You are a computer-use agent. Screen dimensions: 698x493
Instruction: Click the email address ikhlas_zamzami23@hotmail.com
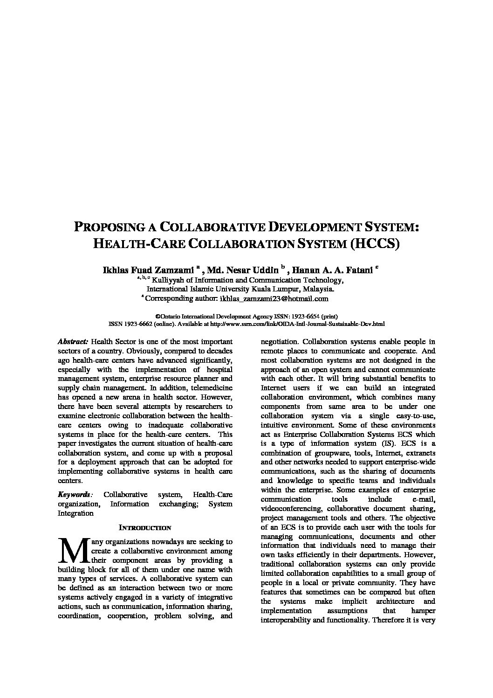point(274,298)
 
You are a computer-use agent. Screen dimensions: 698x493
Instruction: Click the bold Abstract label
point(73,342)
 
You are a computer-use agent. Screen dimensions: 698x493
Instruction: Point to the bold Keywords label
point(75,495)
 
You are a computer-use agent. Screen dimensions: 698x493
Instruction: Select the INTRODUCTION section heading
point(145,528)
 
